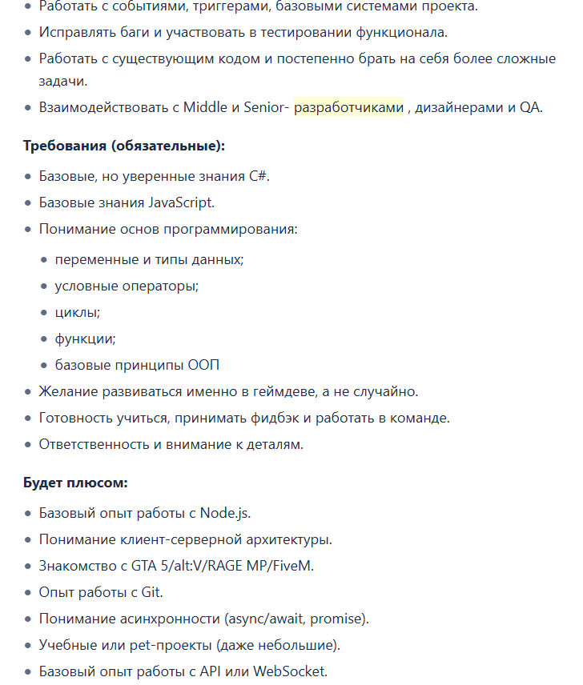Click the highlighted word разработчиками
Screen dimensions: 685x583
[x=348, y=107]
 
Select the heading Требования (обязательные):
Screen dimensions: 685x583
[x=124, y=146]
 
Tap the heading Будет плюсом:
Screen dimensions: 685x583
[x=75, y=483]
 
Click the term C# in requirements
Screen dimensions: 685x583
[x=258, y=176]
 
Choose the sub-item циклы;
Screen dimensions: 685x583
[x=77, y=312]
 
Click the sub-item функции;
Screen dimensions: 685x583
[x=85, y=338]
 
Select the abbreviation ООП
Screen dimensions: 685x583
[x=203, y=365]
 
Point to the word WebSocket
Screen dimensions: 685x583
[x=290, y=671]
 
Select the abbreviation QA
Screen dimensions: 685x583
[x=530, y=107]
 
